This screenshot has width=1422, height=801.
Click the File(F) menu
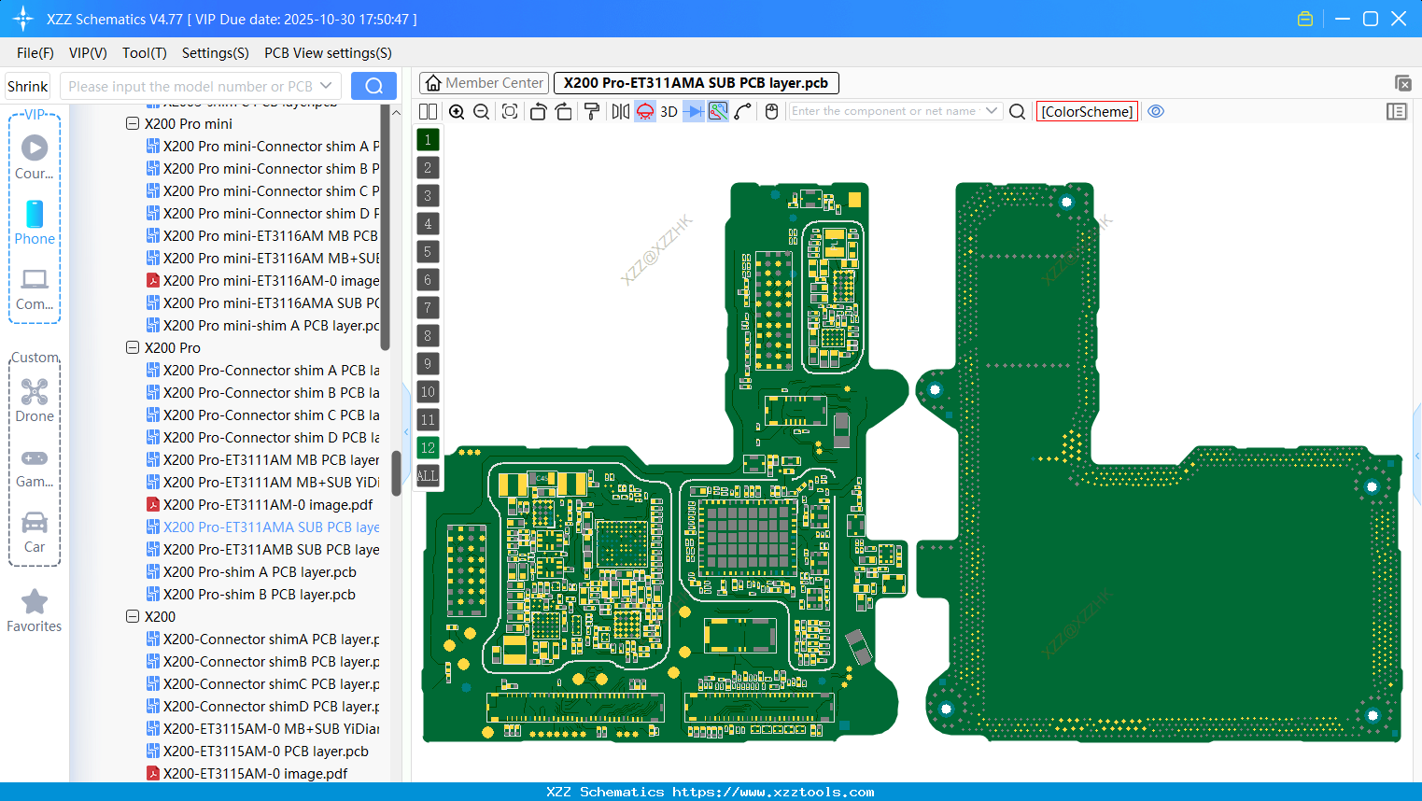[35, 53]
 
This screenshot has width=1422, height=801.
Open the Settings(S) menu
[215, 53]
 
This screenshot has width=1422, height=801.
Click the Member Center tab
[484, 83]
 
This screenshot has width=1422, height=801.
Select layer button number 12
[428, 448]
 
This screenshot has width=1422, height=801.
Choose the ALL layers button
[428, 476]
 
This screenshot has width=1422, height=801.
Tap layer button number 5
[428, 252]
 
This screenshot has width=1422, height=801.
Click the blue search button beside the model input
[373, 86]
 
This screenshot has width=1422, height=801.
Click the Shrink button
[27, 87]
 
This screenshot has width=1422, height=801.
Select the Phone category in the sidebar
[35, 222]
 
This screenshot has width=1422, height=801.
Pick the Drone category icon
[35, 400]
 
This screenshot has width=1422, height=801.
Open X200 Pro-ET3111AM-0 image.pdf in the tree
[267, 505]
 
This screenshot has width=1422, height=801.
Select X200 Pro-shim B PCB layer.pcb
[259, 595]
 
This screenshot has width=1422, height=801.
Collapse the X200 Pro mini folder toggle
[133, 123]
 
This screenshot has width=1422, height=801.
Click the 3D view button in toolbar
[669, 112]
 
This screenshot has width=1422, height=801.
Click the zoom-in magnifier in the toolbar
[457, 112]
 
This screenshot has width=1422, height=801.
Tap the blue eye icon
[1156, 111]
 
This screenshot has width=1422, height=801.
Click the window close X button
[1399, 19]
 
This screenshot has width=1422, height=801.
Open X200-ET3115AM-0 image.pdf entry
[255, 774]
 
